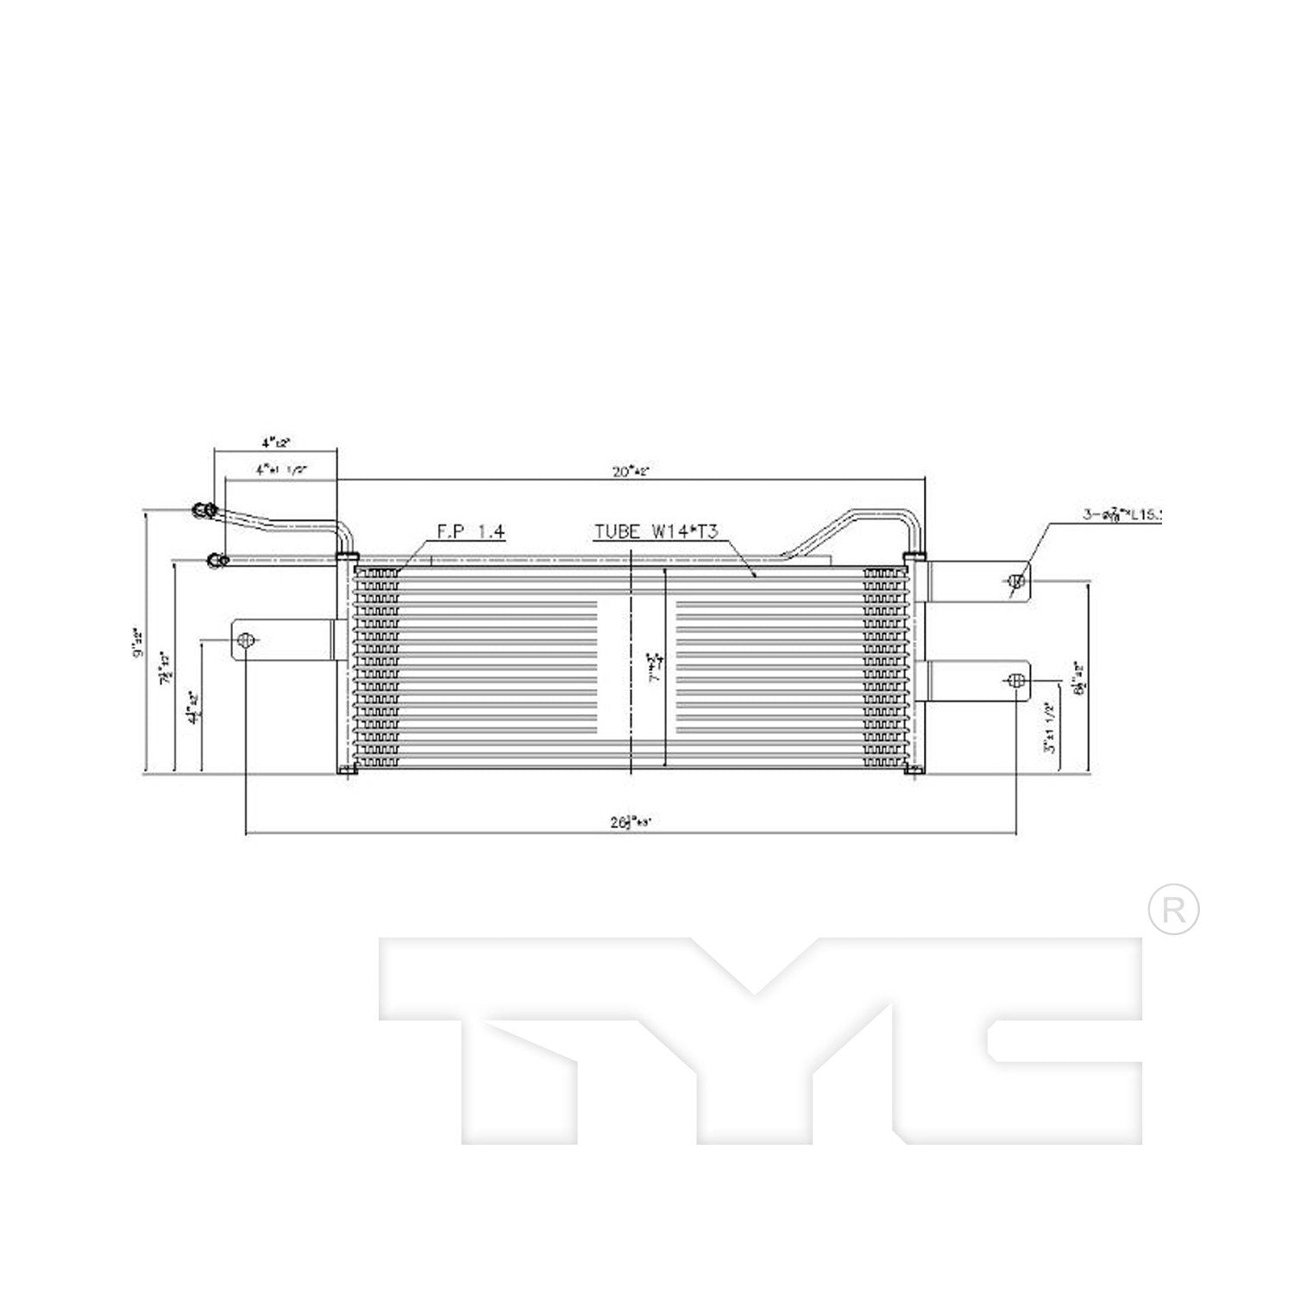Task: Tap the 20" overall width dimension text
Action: pos(631,471)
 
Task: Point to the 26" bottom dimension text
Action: pos(631,822)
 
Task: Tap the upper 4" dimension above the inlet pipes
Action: pos(276,443)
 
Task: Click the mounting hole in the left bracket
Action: pos(246,641)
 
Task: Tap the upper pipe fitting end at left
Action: pos(204,510)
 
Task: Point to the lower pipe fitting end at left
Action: pos(217,562)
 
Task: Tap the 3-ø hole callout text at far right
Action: pos(1121,515)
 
